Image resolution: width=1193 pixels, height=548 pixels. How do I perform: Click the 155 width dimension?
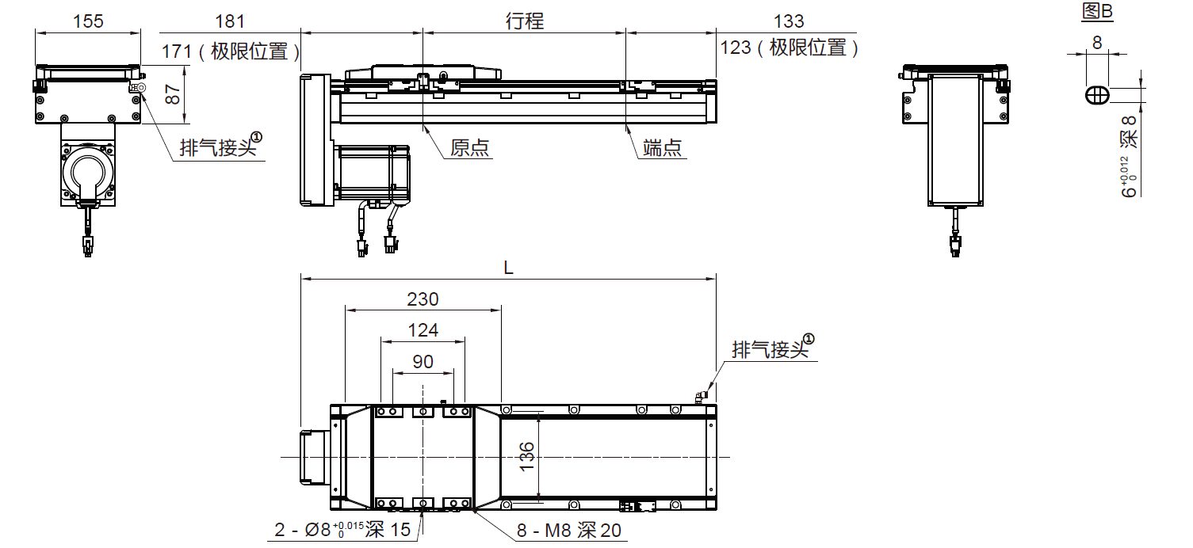pyautogui.click(x=87, y=21)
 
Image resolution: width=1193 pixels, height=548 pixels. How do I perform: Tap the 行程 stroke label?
pyautogui.click(x=525, y=21)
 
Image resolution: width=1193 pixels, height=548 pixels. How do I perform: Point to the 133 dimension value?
pyautogui.click(x=788, y=21)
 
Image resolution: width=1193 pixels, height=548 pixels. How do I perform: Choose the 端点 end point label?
pyautogui.click(x=663, y=148)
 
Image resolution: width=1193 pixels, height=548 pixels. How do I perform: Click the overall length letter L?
pyautogui.click(x=509, y=268)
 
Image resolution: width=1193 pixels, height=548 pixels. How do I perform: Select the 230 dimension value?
pyautogui.click(x=423, y=299)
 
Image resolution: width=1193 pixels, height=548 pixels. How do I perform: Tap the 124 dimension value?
pyautogui.click(x=423, y=330)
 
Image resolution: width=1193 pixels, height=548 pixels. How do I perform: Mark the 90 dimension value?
pyautogui.click(x=423, y=362)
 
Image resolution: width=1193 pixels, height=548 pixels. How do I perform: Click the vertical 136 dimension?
pyautogui.click(x=527, y=457)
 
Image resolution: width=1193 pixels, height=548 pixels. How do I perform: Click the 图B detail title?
pyautogui.click(x=1097, y=11)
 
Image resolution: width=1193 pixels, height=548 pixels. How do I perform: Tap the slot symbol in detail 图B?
pyautogui.click(x=1097, y=94)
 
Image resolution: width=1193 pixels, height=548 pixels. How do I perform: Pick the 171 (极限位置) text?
pyautogui.click(x=231, y=51)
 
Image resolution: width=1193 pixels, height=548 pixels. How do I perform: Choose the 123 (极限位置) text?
pyautogui.click(x=790, y=48)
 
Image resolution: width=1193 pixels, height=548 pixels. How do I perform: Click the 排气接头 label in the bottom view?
pyautogui.click(x=770, y=349)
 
